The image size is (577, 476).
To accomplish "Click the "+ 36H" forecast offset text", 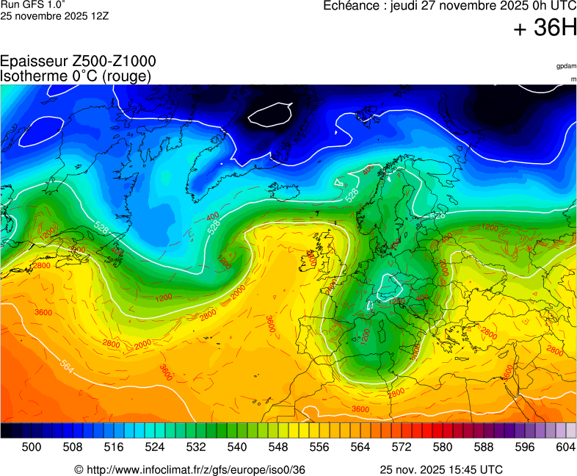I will click(x=545, y=29).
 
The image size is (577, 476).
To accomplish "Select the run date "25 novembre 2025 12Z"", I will click(x=54, y=15).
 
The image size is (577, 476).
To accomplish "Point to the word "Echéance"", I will click(x=354, y=6).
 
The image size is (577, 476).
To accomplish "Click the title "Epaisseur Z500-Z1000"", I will click(x=78, y=62).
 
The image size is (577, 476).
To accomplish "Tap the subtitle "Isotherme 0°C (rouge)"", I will click(x=76, y=76).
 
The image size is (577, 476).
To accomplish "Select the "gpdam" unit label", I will click(x=566, y=66).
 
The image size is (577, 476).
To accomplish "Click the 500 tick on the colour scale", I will click(x=32, y=447).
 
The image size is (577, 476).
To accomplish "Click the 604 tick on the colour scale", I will click(x=565, y=447).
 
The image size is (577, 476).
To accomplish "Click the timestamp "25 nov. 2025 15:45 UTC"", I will click(x=441, y=469).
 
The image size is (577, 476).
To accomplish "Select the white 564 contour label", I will click(x=67, y=365).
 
